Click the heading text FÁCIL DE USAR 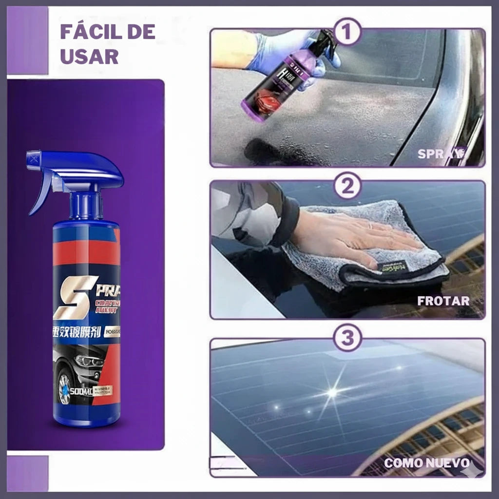coord(107,44)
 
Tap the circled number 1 coord(347,32)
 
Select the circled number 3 coord(347,338)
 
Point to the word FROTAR coord(443,301)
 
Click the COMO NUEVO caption coord(427,463)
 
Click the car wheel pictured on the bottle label coord(65,388)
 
